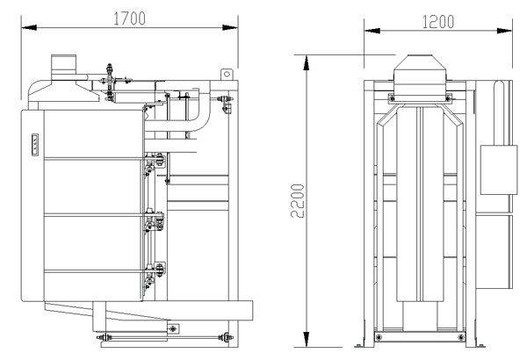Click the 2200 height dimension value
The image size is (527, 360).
pyautogui.click(x=299, y=201)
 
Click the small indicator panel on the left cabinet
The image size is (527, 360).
pyautogui.click(x=36, y=145)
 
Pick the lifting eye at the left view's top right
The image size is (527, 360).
pyautogui.click(x=227, y=73)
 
